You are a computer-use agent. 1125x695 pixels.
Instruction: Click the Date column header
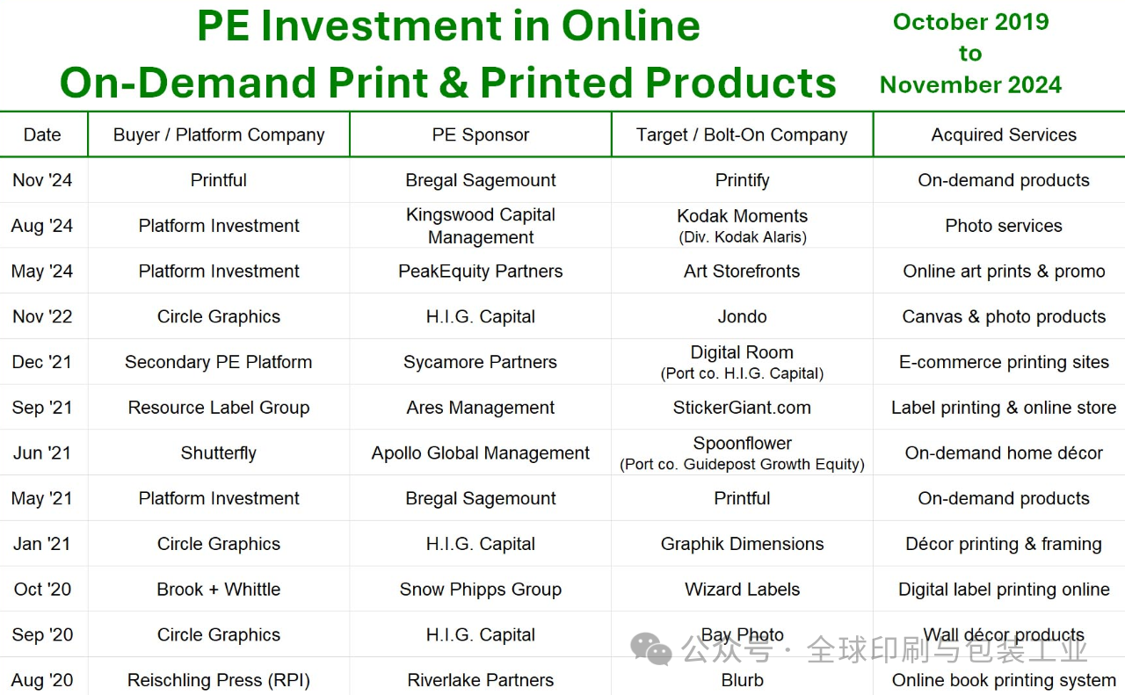tap(42, 134)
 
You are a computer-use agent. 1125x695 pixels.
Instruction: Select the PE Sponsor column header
tap(481, 134)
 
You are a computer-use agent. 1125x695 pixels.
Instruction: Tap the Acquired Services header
tap(1004, 134)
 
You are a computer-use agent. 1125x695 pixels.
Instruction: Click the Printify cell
tap(743, 180)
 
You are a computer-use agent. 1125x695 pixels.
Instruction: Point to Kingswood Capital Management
tap(481, 226)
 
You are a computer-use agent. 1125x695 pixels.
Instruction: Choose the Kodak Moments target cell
tap(743, 226)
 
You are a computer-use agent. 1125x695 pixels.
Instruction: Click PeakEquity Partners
tap(481, 271)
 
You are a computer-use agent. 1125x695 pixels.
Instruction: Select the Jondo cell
tap(743, 317)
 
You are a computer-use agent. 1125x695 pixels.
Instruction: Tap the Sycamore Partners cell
tap(481, 362)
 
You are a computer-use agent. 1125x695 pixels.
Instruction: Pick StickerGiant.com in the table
tap(743, 408)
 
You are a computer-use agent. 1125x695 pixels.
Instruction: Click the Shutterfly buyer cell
tap(219, 453)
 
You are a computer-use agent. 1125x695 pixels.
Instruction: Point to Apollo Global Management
tap(481, 453)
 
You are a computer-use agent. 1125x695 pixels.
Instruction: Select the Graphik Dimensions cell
tap(743, 544)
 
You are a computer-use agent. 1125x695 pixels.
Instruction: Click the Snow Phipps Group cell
tap(481, 590)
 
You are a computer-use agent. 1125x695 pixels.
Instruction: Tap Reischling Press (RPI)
tap(219, 680)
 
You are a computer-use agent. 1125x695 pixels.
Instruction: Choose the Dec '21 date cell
tap(42, 362)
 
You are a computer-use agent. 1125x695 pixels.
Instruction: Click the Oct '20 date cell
tap(42, 590)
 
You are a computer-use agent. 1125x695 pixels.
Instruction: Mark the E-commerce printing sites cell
tap(1004, 362)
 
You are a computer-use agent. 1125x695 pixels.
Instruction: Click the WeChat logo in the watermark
tap(651, 648)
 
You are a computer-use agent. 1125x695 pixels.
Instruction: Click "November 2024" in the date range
tap(971, 85)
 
